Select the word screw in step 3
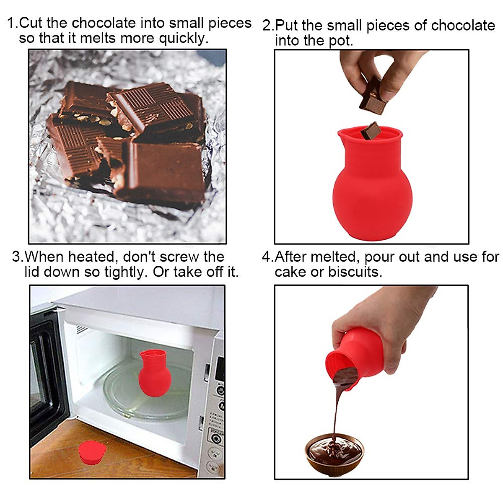[x=178, y=257]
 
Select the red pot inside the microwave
[x=155, y=373]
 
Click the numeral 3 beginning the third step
[x=17, y=257]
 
